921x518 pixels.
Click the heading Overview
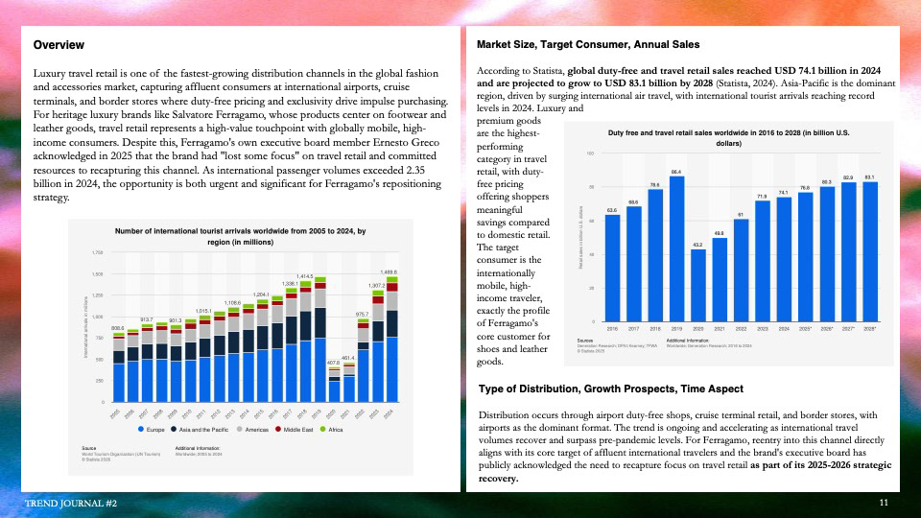(59, 45)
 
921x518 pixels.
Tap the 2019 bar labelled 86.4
(675, 248)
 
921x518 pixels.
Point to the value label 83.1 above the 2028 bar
(869, 178)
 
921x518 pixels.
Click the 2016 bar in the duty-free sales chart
(612, 268)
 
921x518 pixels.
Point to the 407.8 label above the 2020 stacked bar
(333, 363)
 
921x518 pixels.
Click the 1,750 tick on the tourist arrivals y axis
(97, 252)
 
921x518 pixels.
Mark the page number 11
(884, 503)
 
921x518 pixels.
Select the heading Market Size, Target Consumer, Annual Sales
(588, 44)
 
